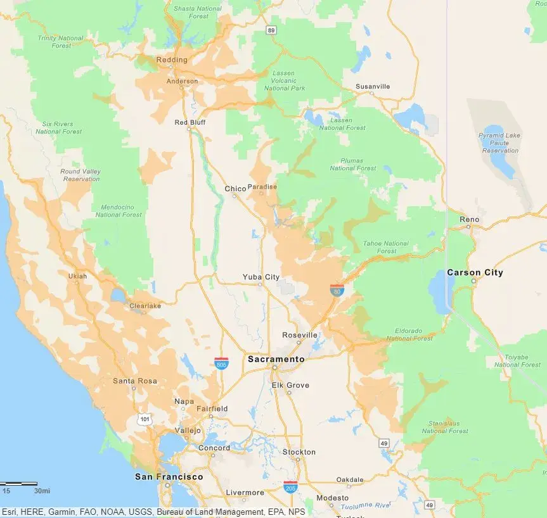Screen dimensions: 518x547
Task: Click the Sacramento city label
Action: [x=276, y=359]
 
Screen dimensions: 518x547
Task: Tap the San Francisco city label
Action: [x=169, y=477]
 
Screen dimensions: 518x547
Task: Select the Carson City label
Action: [x=475, y=273]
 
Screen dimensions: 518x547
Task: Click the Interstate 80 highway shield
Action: [x=337, y=290]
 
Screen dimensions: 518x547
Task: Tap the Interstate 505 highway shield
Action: [x=221, y=363]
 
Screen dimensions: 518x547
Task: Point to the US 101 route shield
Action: [x=146, y=420]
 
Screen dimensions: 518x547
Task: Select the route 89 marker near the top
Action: [x=271, y=30]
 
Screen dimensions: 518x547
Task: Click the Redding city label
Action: [x=172, y=60]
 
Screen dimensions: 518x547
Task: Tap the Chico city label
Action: [x=235, y=189]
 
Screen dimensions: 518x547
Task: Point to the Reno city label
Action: [x=470, y=220]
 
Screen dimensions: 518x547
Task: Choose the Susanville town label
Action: [x=373, y=86]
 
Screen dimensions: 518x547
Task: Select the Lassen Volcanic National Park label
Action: [x=284, y=80]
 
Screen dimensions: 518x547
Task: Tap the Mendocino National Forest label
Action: [x=119, y=211]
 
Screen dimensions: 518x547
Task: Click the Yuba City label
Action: [x=261, y=277]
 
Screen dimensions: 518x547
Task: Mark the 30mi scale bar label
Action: [x=42, y=491]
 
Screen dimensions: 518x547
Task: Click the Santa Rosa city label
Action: [x=134, y=381]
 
